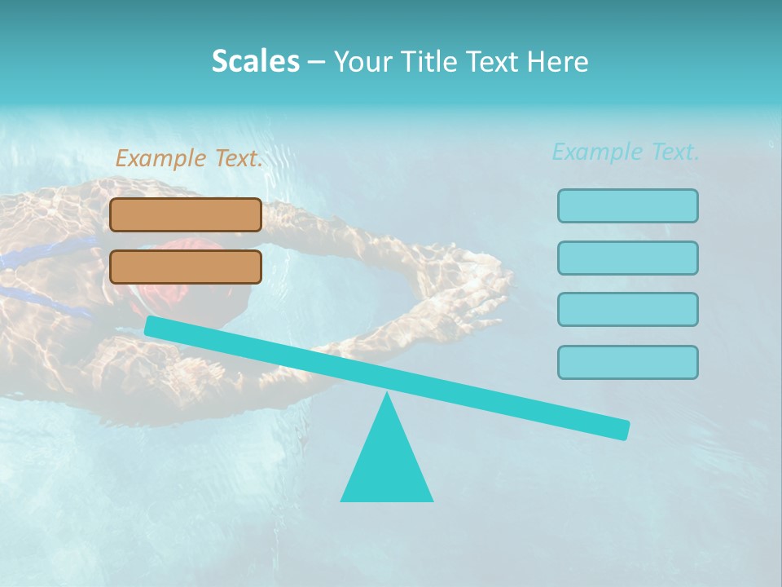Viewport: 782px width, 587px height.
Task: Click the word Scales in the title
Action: pyautogui.click(x=255, y=61)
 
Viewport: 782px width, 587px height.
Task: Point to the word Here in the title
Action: pyautogui.click(x=559, y=61)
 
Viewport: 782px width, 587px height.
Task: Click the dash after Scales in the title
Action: pyautogui.click(x=316, y=63)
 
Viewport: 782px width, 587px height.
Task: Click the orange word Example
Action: pyautogui.click(x=161, y=159)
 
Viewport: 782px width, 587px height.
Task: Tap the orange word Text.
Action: pyautogui.click(x=238, y=159)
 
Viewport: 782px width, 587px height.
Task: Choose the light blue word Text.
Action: pyautogui.click(x=674, y=152)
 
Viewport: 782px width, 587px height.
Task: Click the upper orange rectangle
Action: pyautogui.click(x=186, y=214)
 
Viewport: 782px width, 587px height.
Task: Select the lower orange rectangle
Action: pyautogui.click(x=186, y=267)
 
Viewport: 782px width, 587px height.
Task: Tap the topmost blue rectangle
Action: pyautogui.click(x=628, y=205)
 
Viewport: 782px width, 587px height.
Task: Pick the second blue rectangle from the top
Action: pyautogui.click(x=628, y=258)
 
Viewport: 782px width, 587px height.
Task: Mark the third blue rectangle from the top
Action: pyautogui.click(x=628, y=309)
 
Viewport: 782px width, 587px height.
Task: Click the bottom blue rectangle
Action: pyautogui.click(x=628, y=362)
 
